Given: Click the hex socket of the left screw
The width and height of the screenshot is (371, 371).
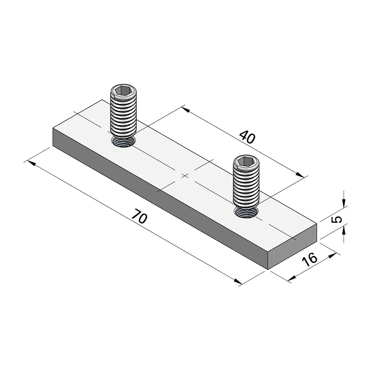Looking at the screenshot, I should point(123,91).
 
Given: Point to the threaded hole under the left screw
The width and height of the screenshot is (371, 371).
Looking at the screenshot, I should point(123,142).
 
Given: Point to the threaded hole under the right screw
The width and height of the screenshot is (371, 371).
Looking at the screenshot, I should point(246,212).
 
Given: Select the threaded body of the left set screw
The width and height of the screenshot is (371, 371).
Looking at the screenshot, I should point(123,115).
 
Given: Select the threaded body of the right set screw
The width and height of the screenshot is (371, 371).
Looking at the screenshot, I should point(246,185).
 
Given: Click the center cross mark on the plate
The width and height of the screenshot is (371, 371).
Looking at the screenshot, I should point(185,176).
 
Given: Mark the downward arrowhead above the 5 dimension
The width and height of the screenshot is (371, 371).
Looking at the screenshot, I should point(344,203).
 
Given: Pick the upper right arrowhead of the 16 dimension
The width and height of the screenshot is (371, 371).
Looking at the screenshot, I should point(332,255).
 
